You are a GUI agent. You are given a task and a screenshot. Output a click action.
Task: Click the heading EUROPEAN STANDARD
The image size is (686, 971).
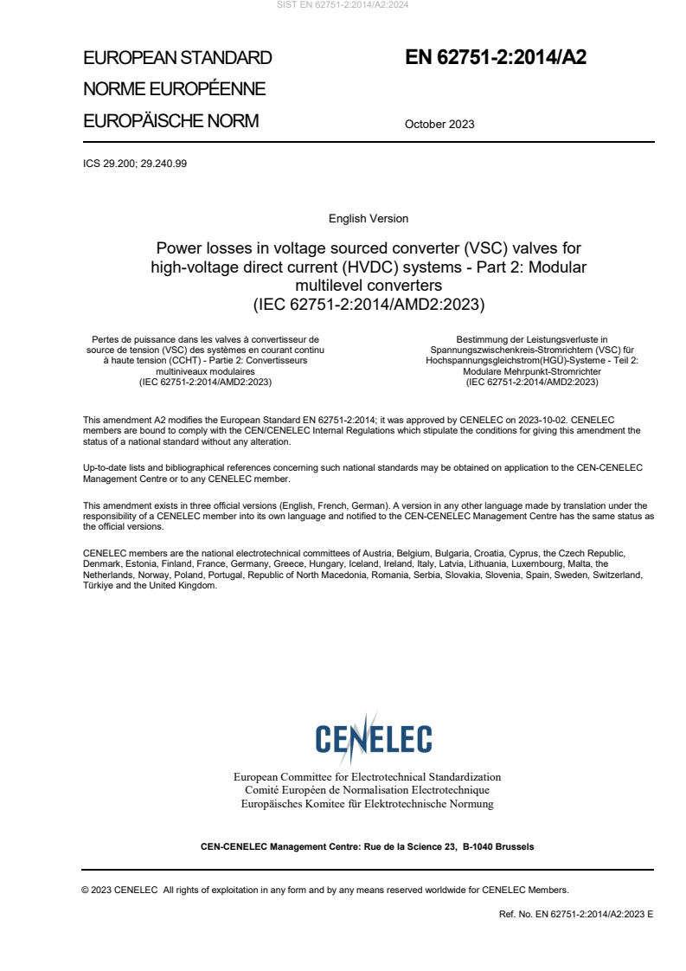[x=177, y=58]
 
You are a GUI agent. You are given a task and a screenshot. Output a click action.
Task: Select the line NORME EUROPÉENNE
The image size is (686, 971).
[x=174, y=89]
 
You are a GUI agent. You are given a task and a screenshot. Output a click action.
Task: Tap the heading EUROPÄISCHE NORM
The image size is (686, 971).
[x=170, y=121]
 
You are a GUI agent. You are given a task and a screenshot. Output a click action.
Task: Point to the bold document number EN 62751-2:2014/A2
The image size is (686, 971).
[x=496, y=58]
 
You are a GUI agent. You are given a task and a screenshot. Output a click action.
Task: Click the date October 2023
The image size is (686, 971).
[x=439, y=124]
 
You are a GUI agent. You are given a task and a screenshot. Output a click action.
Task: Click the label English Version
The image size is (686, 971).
[x=369, y=219]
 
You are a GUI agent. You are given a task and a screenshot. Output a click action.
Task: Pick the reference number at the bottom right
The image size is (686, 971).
[x=576, y=914]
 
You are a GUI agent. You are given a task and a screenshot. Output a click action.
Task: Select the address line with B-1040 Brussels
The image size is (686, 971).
[x=367, y=846]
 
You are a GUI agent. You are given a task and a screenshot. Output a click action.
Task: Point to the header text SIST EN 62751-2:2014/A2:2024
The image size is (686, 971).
[x=343, y=4]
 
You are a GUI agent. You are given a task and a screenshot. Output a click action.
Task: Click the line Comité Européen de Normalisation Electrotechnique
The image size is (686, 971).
[x=367, y=790]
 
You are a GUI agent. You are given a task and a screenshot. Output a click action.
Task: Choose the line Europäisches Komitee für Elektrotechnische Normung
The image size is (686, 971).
[x=367, y=804]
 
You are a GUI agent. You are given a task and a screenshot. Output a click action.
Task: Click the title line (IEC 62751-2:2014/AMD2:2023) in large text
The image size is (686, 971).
[x=369, y=304]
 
